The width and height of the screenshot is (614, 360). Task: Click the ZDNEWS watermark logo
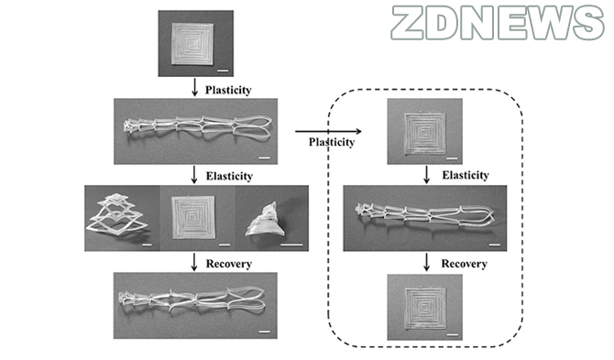498,23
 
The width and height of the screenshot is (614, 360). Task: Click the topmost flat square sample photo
192,44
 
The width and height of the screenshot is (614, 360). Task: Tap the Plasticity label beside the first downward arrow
228,90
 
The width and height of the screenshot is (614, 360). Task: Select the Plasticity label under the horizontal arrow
332,142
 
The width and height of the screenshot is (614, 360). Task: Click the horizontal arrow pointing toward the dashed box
328,132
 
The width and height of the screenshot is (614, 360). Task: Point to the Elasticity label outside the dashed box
229,176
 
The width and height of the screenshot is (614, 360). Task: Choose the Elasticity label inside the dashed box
466,175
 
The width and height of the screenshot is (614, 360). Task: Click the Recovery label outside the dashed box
229,264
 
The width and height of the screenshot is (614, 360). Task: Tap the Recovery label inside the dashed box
465,264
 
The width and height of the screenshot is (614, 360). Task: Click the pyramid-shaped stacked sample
117,217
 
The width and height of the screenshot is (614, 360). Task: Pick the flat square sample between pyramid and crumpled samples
193,217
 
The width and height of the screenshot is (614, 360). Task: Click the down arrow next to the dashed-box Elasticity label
426,175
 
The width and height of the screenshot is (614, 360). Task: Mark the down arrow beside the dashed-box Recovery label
426,262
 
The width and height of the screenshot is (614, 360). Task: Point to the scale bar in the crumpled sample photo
291,245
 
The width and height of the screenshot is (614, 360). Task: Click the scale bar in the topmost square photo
223,71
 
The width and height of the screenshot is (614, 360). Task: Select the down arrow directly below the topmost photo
194,88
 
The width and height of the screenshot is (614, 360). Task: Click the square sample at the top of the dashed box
425,133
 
